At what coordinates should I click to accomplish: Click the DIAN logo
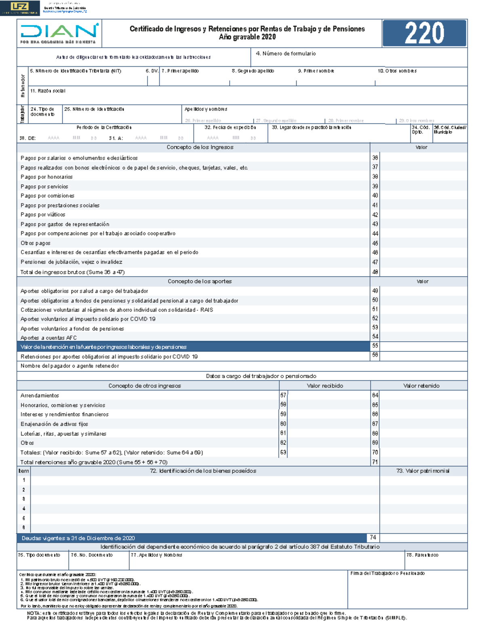(59, 33)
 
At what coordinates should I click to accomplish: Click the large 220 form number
(424, 33)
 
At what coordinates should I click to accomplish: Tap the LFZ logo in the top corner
(20, 8)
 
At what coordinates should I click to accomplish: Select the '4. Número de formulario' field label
(285, 54)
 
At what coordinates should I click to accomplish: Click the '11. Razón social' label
(47, 91)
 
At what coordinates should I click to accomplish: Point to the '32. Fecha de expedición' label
(230, 127)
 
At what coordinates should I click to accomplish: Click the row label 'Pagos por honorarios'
(46, 177)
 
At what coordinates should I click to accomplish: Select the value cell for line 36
(423, 158)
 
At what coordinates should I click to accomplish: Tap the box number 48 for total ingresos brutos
(375, 272)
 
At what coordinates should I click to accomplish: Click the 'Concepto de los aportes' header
(200, 281)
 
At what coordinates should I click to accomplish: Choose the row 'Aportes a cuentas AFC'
(48, 338)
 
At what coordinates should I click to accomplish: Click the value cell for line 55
(423, 346)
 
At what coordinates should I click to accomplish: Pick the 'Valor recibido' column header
(325, 386)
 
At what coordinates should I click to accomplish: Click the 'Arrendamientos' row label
(40, 395)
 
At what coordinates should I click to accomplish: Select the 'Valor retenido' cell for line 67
(423, 424)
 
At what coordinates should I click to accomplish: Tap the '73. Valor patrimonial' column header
(422, 471)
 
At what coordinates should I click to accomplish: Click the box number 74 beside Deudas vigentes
(373, 538)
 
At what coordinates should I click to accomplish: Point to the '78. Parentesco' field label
(422, 555)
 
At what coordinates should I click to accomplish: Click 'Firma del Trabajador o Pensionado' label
(387, 573)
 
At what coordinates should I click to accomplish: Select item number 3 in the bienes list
(23, 499)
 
